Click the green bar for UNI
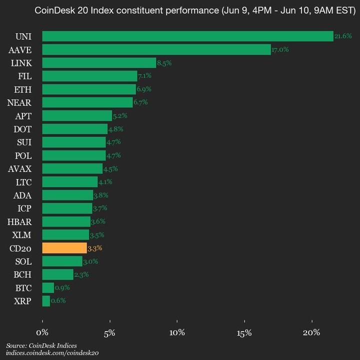pyautogui.click(x=187, y=36)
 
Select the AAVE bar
pyautogui.click(x=156, y=49)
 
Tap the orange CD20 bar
pyautogui.click(x=64, y=248)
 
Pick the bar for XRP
pyautogui.click(x=46, y=301)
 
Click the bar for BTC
pyautogui.click(x=48, y=287)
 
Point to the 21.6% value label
pyautogui.click(x=343, y=36)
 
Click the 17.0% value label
pyautogui.click(x=280, y=49)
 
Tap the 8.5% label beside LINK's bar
pyautogui.click(x=164, y=63)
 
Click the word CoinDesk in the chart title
pyautogui.click(x=50, y=10)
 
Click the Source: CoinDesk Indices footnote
pyautogui.click(x=41, y=345)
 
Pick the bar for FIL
pyautogui.click(x=89, y=76)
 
